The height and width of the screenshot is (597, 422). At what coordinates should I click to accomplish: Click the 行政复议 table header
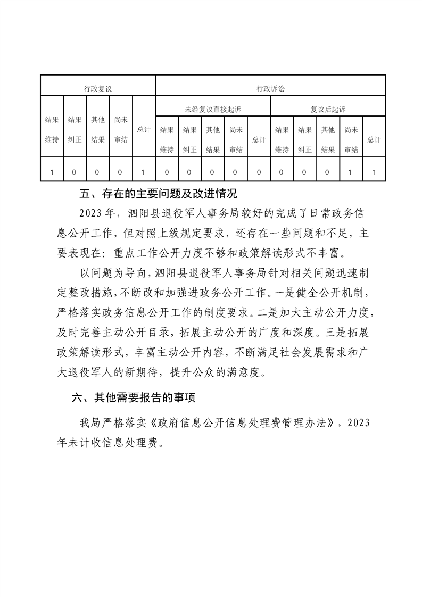click(x=98, y=89)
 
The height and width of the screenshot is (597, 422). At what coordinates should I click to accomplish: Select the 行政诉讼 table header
click(x=270, y=89)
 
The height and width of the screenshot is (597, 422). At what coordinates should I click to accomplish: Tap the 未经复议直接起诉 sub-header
click(x=213, y=109)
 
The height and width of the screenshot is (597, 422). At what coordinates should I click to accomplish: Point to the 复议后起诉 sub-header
click(x=328, y=109)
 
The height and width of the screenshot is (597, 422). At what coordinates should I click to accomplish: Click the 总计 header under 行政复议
click(x=144, y=129)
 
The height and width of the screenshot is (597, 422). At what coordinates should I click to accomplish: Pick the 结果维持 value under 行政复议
click(x=52, y=172)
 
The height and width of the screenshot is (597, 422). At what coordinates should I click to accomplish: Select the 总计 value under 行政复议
click(x=144, y=172)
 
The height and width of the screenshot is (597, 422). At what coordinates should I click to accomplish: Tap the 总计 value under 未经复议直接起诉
click(x=259, y=172)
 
